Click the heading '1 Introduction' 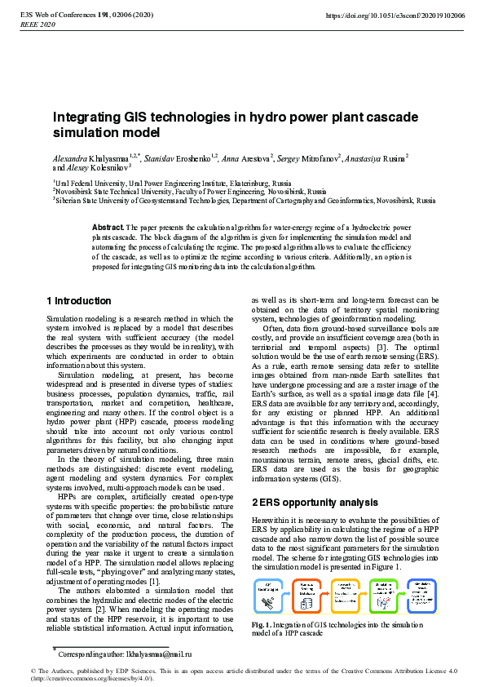coord(79,301)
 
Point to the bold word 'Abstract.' coord(108,226)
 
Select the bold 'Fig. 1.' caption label coord(263,626)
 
